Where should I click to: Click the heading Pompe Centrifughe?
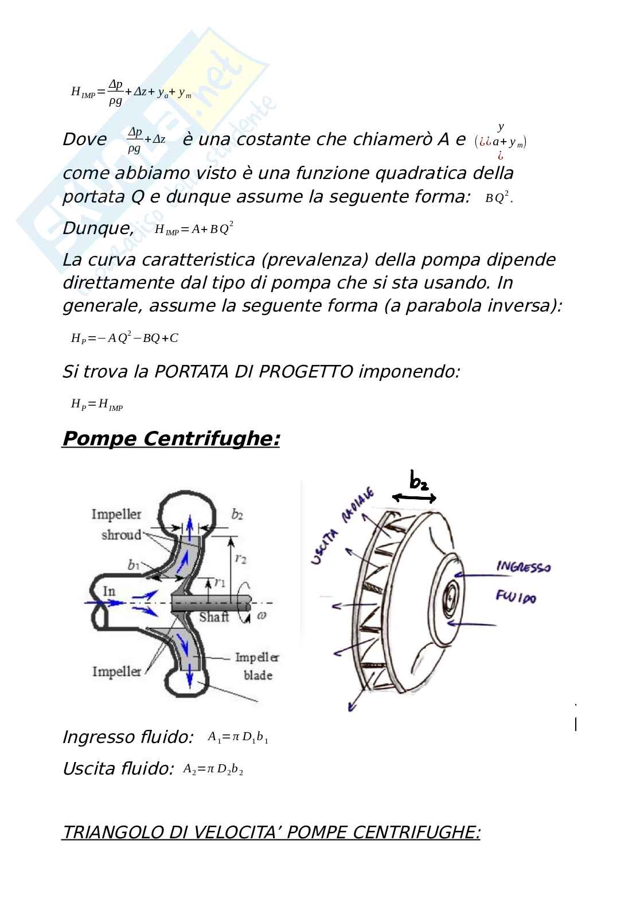(x=170, y=439)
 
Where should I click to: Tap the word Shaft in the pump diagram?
(x=214, y=617)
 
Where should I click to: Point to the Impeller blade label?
(x=257, y=666)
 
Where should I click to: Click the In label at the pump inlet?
(x=109, y=590)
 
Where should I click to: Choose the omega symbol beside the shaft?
(x=262, y=616)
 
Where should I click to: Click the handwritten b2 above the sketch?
(x=419, y=481)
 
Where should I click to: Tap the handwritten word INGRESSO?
(x=523, y=567)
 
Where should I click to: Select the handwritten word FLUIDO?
(x=516, y=598)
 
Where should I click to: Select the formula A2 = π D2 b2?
(x=213, y=769)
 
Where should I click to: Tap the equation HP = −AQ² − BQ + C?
(x=124, y=338)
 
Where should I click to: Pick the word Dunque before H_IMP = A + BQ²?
(x=98, y=228)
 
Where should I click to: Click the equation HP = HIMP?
(x=97, y=405)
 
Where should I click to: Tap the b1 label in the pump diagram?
(x=134, y=566)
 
